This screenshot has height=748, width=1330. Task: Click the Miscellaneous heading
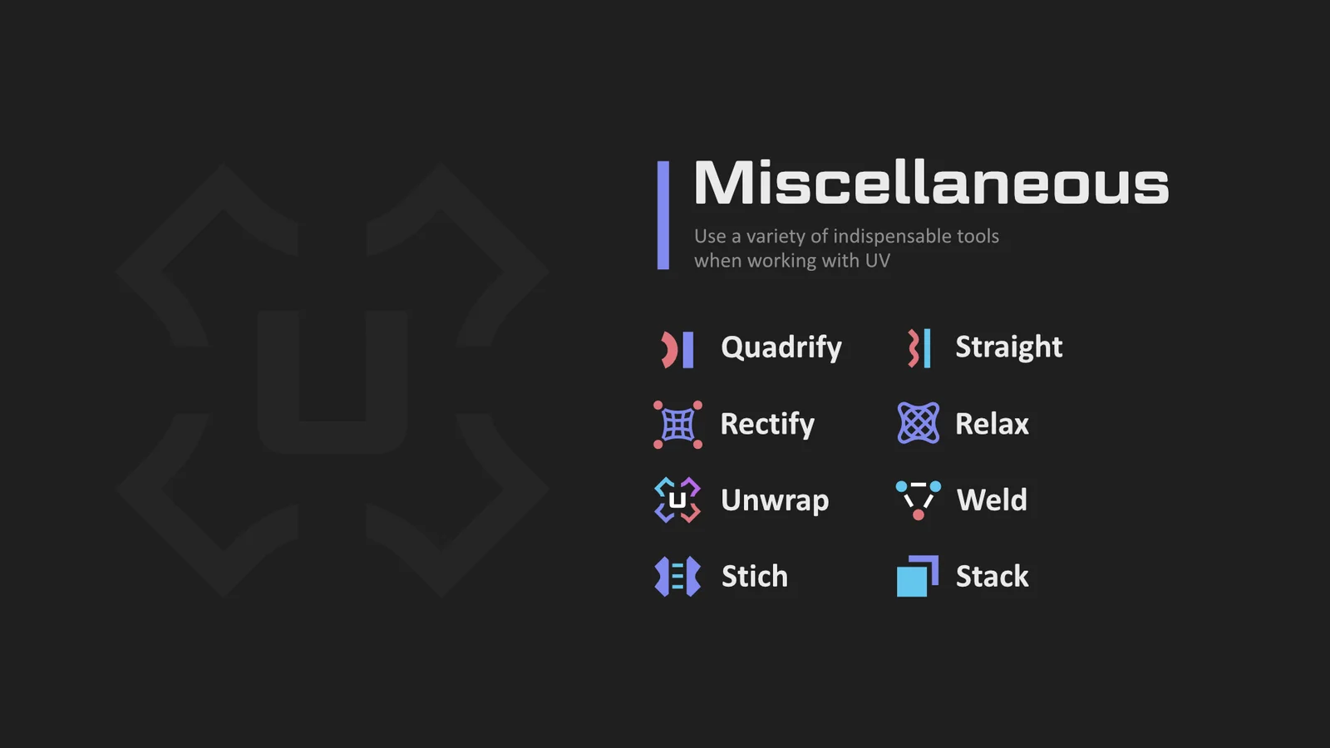click(x=931, y=182)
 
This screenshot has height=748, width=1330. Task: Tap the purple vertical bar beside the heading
click(x=663, y=215)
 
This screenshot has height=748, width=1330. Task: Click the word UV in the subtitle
click(x=877, y=261)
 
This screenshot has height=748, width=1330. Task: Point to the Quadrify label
click(x=781, y=347)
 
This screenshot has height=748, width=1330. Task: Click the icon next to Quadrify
click(x=677, y=350)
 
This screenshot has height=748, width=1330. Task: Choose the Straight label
click(x=1009, y=347)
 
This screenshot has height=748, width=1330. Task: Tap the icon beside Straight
click(x=919, y=348)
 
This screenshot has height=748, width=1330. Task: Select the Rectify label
click(x=767, y=424)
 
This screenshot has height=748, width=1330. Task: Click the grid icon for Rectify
click(x=677, y=425)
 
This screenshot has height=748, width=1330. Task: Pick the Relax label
click(x=992, y=424)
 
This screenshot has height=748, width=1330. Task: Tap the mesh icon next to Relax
click(x=918, y=423)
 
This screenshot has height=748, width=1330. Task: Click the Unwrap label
click(x=774, y=499)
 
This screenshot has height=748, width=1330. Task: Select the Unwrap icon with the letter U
click(x=677, y=499)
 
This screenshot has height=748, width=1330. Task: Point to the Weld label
click(x=992, y=499)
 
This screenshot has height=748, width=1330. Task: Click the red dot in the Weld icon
click(x=918, y=514)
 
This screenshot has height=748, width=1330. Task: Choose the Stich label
click(x=755, y=576)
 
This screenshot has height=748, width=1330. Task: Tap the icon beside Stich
click(x=677, y=576)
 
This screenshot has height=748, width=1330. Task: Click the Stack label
click(x=993, y=576)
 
